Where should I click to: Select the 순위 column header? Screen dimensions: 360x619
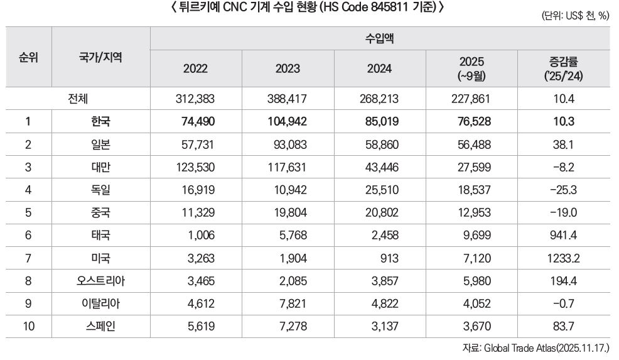pyautogui.click(x=28, y=57)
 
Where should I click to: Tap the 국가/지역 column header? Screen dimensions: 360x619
pyautogui.click(x=100, y=57)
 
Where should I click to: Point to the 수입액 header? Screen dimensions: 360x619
pyautogui.click(x=380, y=38)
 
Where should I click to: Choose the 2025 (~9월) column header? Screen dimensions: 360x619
pyautogui.click(x=472, y=68)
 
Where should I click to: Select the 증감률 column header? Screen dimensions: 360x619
pyautogui.click(x=563, y=68)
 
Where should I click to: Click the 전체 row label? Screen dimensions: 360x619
pyautogui.click(x=80, y=99)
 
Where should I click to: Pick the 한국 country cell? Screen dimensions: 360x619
pyautogui.click(x=100, y=123)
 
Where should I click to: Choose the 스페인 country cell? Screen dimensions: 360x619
pyautogui.click(x=100, y=325)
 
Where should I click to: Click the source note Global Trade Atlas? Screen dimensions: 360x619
pyautogui.click(x=539, y=347)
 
